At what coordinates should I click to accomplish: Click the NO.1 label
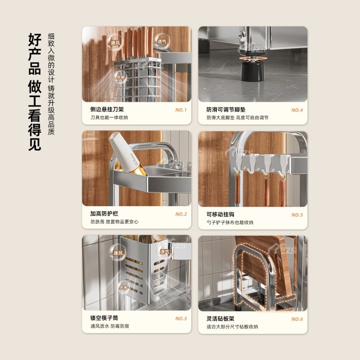point(181,109)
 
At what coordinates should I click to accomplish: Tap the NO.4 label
point(297,110)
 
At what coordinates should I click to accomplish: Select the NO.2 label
point(181,214)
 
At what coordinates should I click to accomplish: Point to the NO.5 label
point(297,215)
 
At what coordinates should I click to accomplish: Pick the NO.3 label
point(181,319)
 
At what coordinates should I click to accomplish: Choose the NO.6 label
point(297,319)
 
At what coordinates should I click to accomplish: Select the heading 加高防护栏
point(104,214)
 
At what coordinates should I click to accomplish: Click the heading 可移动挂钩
point(220,215)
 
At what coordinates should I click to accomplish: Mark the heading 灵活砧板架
point(220,319)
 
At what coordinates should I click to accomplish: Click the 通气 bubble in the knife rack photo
point(159,40)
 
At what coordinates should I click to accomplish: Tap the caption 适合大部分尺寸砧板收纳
point(233,327)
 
